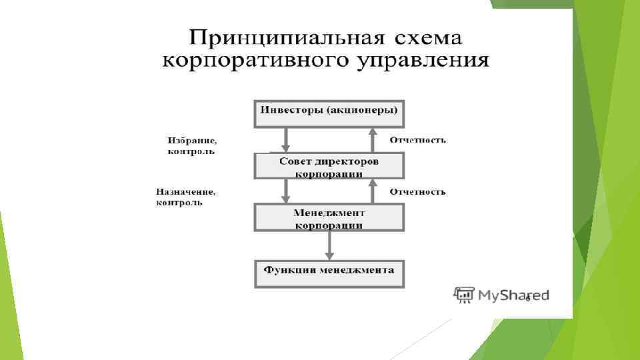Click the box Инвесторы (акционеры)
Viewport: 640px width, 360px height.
coord(329,113)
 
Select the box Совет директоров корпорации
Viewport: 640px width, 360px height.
coord(329,165)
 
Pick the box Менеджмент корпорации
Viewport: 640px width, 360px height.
coord(329,217)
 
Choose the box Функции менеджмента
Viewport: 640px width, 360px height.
coord(329,274)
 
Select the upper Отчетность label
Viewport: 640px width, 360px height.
coord(418,141)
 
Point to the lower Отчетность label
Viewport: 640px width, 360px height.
coord(418,192)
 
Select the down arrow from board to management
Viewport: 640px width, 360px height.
coord(286,191)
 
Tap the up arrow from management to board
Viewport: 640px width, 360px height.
coord(372,191)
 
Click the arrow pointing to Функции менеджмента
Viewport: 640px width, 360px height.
coord(329,246)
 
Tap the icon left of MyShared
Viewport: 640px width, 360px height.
coord(463,295)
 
